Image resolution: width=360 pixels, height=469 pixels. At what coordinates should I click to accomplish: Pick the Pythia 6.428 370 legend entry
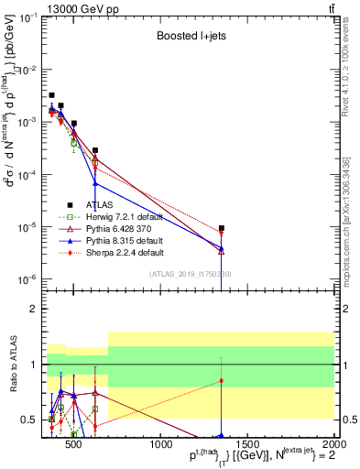(118, 229)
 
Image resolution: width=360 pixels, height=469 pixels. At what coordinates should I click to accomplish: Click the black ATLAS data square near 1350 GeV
(222, 228)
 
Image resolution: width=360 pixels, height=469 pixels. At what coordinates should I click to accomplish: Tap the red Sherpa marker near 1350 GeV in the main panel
(222, 233)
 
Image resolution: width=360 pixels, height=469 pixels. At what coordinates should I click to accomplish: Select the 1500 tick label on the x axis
(247, 443)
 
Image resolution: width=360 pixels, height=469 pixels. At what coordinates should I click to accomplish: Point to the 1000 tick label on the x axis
(160, 443)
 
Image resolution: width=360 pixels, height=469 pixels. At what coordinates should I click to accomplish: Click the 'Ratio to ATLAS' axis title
(13, 365)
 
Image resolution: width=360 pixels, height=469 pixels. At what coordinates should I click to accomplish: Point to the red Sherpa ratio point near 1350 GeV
(222, 380)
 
